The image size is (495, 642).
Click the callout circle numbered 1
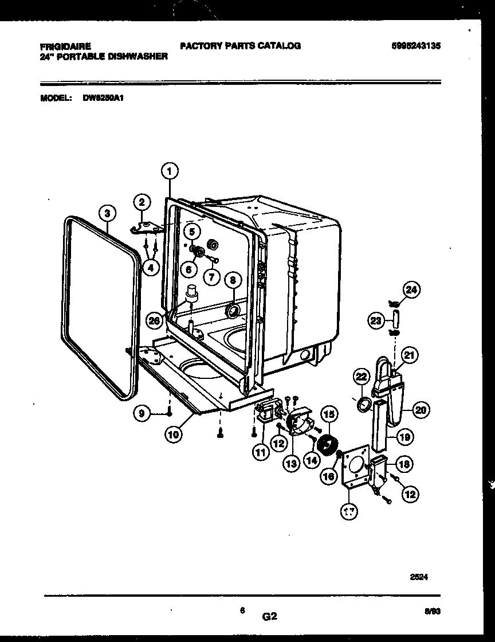[x=169, y=170]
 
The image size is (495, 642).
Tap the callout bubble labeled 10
[x=173, y=434]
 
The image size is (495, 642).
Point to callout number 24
[x=411, y=291]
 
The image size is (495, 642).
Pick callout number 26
[x=154, y=320]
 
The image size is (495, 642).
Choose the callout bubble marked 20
[x=421, y=410]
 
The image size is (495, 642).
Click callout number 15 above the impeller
[x=328, y=413]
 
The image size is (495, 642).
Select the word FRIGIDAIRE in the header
[x=66, y=46]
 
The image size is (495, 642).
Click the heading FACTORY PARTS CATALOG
[x=240, y=46]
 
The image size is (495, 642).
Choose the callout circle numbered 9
[x=140, y=412]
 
